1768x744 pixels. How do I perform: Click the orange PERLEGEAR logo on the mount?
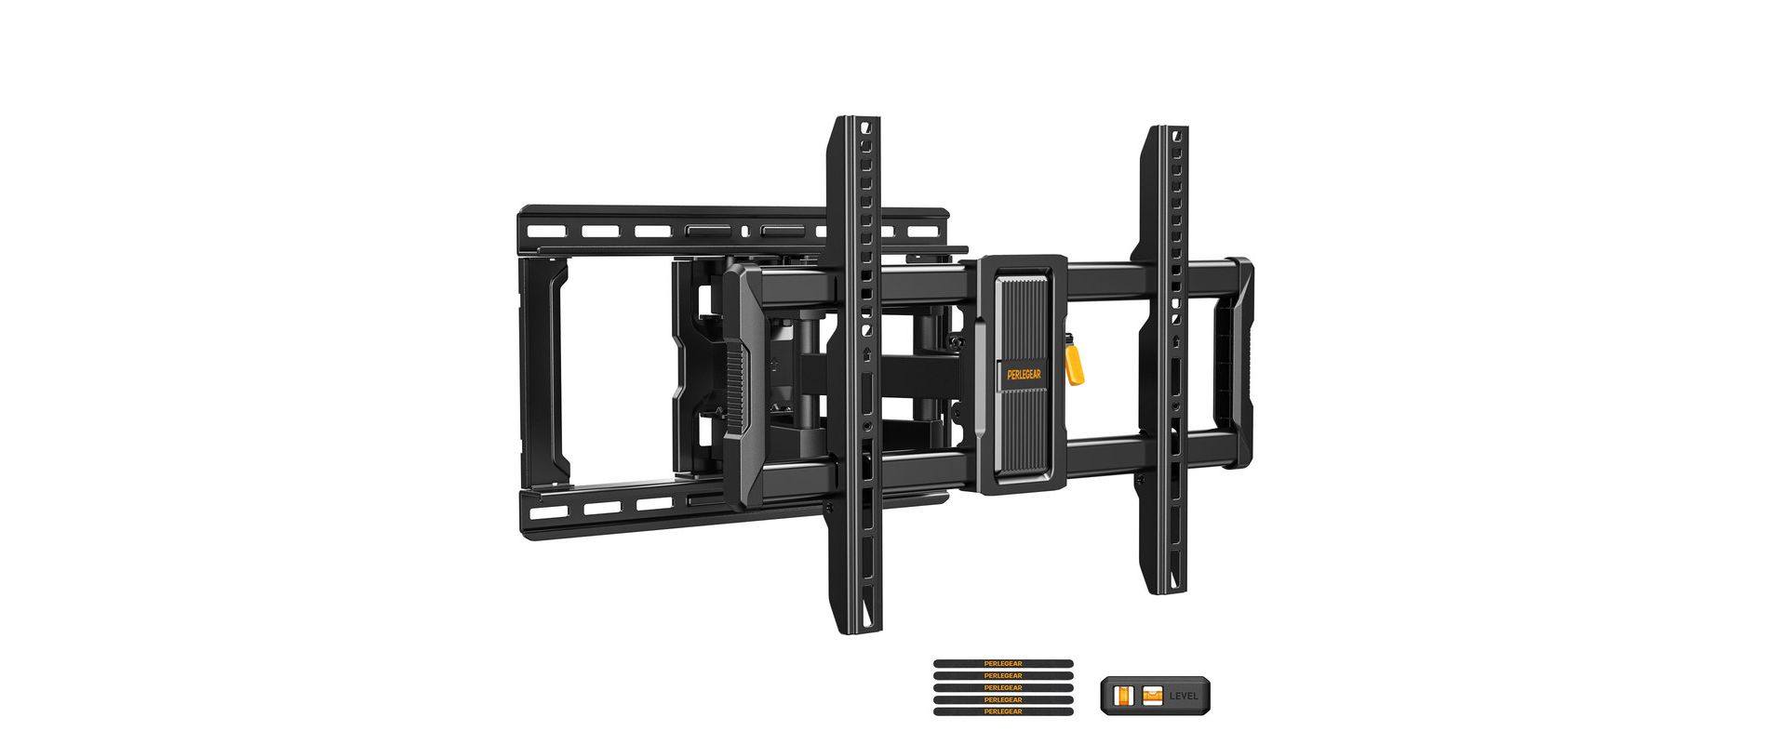[x=1024, y=375]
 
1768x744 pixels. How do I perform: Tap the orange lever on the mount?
[x=1074, y=365]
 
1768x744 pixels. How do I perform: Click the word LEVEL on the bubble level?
[x=1185, y=696]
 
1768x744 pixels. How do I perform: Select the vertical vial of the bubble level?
[x=1124, y=696]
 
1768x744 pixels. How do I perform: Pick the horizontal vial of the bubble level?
[x=1153, y=695]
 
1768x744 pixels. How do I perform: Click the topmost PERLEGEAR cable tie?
[x=1003, y=664]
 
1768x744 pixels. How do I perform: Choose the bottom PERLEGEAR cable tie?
[x=1003, y=711]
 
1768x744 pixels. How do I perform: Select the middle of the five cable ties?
[x=1003, y=687]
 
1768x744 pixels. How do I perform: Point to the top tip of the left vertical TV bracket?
[x=855, y=121]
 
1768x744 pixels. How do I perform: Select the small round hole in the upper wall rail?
[x=743, y=231]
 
